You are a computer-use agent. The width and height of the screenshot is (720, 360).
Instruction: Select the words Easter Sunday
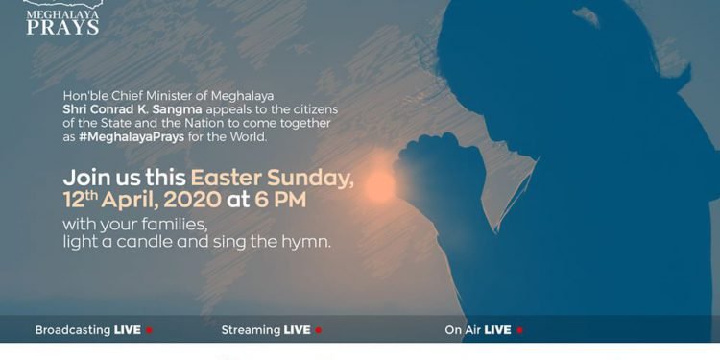pyautogui.click(x=273, y=179)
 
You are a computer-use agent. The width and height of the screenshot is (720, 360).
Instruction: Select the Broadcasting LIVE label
pyautogui.click(x=87, y=330)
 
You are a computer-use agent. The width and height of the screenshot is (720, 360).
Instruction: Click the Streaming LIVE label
pyautogui.click(x=266, y=330)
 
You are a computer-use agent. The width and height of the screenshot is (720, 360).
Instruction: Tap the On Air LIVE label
pyautogui.click(x=477, y=330)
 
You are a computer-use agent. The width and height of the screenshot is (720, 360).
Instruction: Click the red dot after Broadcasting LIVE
pyautogui.click(x=149, y=330)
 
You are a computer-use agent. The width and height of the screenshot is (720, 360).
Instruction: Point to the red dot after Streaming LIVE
pyautogui.click(x=319, y=330)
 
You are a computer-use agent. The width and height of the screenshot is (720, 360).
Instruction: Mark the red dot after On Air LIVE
pyautogui.click(x=519, y=330)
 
